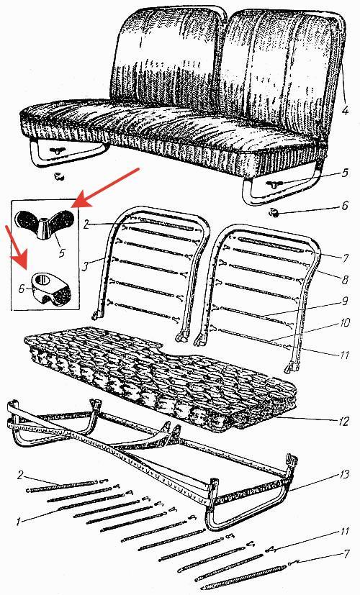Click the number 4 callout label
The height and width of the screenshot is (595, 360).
344,111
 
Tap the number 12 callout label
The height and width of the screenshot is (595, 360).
343,422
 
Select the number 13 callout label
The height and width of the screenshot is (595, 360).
343,475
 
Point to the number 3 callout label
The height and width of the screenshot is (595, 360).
86,265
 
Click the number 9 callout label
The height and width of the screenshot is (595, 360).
345,301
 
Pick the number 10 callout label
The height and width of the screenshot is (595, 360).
343,323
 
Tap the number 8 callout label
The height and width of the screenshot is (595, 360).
345,280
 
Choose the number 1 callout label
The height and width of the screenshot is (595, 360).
18,522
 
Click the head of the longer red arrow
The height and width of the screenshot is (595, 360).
76,202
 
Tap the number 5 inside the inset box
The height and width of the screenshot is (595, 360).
61,251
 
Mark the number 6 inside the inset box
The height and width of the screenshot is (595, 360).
22,289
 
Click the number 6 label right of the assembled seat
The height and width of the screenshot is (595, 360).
344,205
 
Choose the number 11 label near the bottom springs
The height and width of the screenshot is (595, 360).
344,531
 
